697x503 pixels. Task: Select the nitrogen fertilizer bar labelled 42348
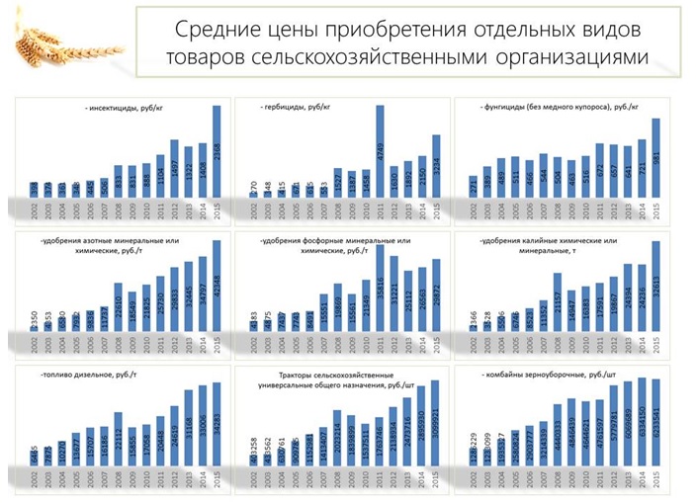pos(217,288)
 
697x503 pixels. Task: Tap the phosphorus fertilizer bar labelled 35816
pos(380,288)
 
